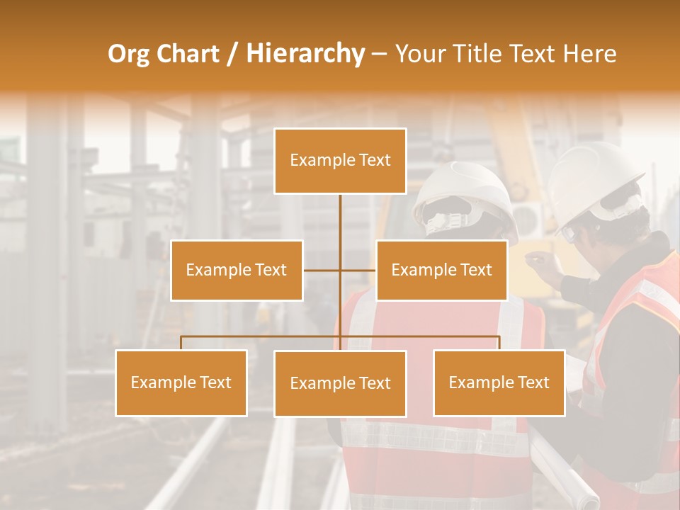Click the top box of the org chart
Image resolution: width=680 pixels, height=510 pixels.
click(x=340, y=161)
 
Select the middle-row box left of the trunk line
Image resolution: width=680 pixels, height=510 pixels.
click(x=237, y=270)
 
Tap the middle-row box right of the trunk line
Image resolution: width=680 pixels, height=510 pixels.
click(x=441, y=270)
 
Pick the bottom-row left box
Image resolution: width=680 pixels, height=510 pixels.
click(x=181, y=382)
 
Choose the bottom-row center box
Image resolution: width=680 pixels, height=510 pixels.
click(x=340, y=383)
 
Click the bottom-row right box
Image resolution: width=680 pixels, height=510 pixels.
click(x=499, y=382)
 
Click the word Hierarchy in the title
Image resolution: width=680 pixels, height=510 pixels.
click(x=305, y=54)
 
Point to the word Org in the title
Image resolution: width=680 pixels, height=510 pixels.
click(x=128, y=54)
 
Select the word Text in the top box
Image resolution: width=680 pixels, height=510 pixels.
click(x=375, y=160)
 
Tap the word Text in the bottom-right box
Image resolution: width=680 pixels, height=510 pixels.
click(x=533, y=382)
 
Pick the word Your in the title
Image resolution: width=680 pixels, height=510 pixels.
click(x=418, y=54)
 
